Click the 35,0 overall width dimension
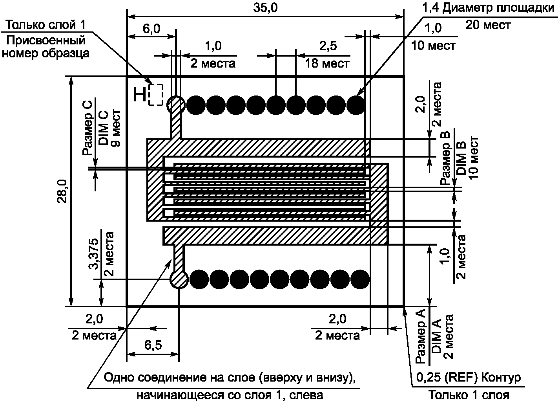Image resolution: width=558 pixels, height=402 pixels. (265, 8)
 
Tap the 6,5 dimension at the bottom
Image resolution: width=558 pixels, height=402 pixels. (153, 345)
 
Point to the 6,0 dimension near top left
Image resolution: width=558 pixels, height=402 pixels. (151, 29)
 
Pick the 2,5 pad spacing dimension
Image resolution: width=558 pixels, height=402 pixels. (328, 46)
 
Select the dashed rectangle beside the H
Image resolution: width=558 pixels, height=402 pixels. (156, 95)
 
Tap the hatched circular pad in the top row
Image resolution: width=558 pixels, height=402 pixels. (176, 105)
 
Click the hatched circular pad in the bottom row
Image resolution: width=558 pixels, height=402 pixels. (179, 279)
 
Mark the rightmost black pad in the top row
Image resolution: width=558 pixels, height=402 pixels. (356, 105)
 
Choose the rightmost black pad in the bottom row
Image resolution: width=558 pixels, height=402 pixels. (360, 279)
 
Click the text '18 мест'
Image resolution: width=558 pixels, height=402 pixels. (327, 63)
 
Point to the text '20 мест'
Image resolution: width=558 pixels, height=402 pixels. (488, 25)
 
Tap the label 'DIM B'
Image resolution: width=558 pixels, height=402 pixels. (461, 158)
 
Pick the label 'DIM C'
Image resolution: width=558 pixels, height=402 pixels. (103, 128)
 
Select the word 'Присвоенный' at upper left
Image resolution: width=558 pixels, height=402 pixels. (46, 40)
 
